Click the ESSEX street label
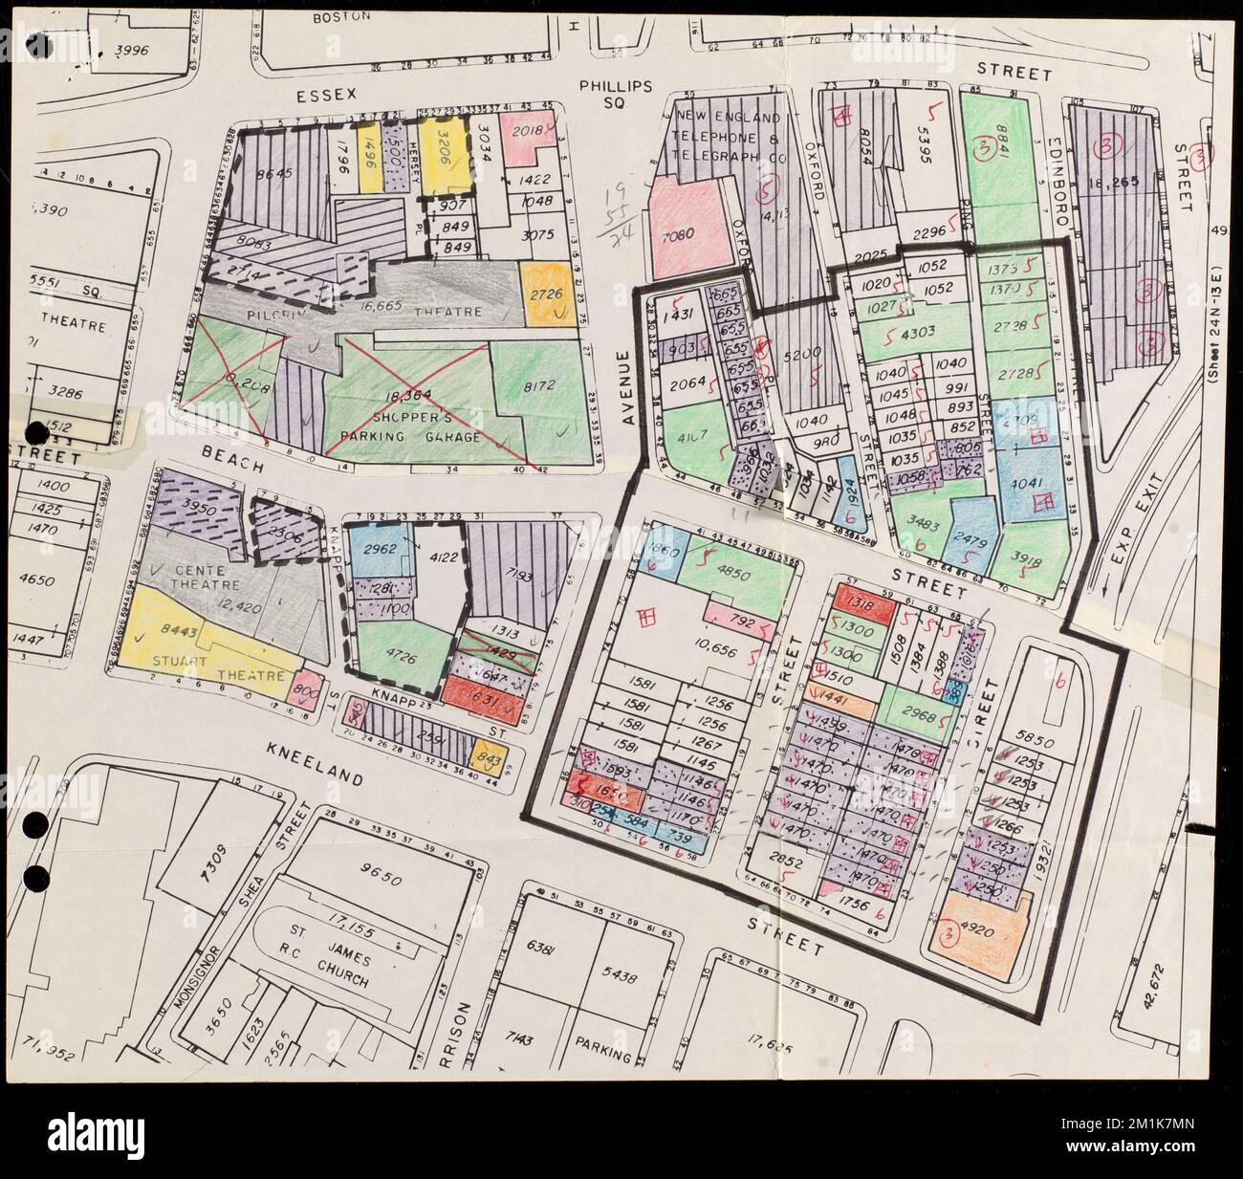point(325,95)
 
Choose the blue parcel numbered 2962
point(380,550)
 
